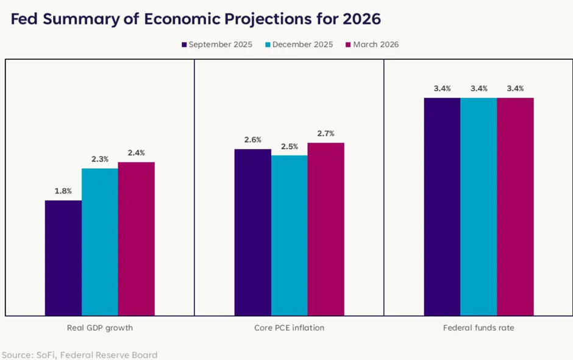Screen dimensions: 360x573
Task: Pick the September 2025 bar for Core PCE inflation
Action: point(253,232)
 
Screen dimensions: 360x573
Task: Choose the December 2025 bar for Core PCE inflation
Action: point(290,235)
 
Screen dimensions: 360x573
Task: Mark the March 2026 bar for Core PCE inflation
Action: point(326,229)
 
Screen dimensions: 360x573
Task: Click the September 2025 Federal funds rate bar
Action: point(443,206)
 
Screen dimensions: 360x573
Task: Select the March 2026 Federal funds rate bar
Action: point(516,206)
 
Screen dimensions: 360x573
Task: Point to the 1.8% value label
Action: point(63,191)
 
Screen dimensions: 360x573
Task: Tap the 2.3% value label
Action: point(100,159)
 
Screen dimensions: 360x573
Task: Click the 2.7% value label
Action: point(326,133)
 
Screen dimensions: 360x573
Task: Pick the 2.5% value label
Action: point(290,146)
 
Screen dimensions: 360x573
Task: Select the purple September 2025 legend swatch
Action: point(184,44)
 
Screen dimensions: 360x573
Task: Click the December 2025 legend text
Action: point(303,44)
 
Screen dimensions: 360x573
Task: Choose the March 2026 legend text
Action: point(376,44)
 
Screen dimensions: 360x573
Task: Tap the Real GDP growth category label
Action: point(100,328)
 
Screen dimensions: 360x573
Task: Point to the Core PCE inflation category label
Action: point(290,328)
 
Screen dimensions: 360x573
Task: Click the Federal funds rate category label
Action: point(479,328)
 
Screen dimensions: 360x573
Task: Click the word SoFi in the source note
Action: point(45,355)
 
